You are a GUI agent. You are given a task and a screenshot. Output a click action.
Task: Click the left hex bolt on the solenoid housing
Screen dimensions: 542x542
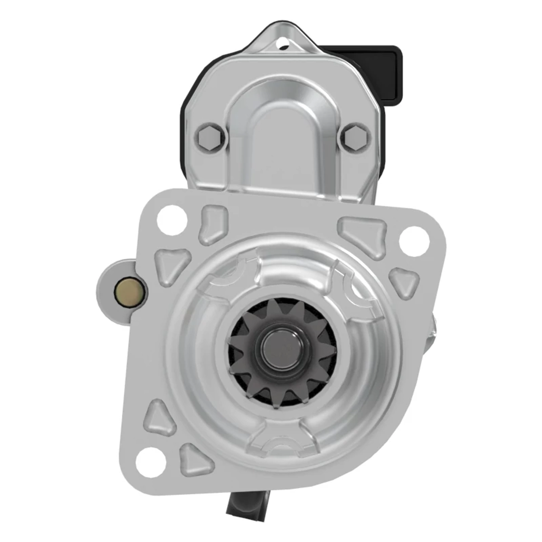(x=210, y=137)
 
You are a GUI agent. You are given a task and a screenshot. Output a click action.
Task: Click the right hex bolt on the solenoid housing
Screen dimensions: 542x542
(x=356, y=136)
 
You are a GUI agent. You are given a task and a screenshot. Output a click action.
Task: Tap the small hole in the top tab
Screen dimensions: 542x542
(x=284, y=44)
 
